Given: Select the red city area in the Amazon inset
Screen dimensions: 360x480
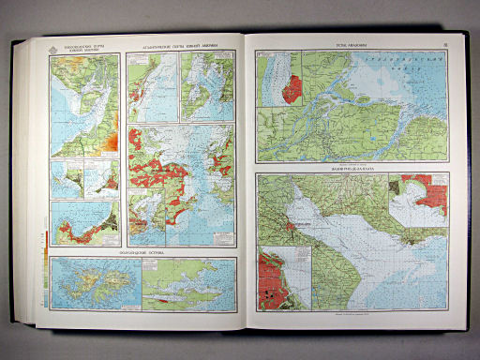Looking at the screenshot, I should pos(292,88).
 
